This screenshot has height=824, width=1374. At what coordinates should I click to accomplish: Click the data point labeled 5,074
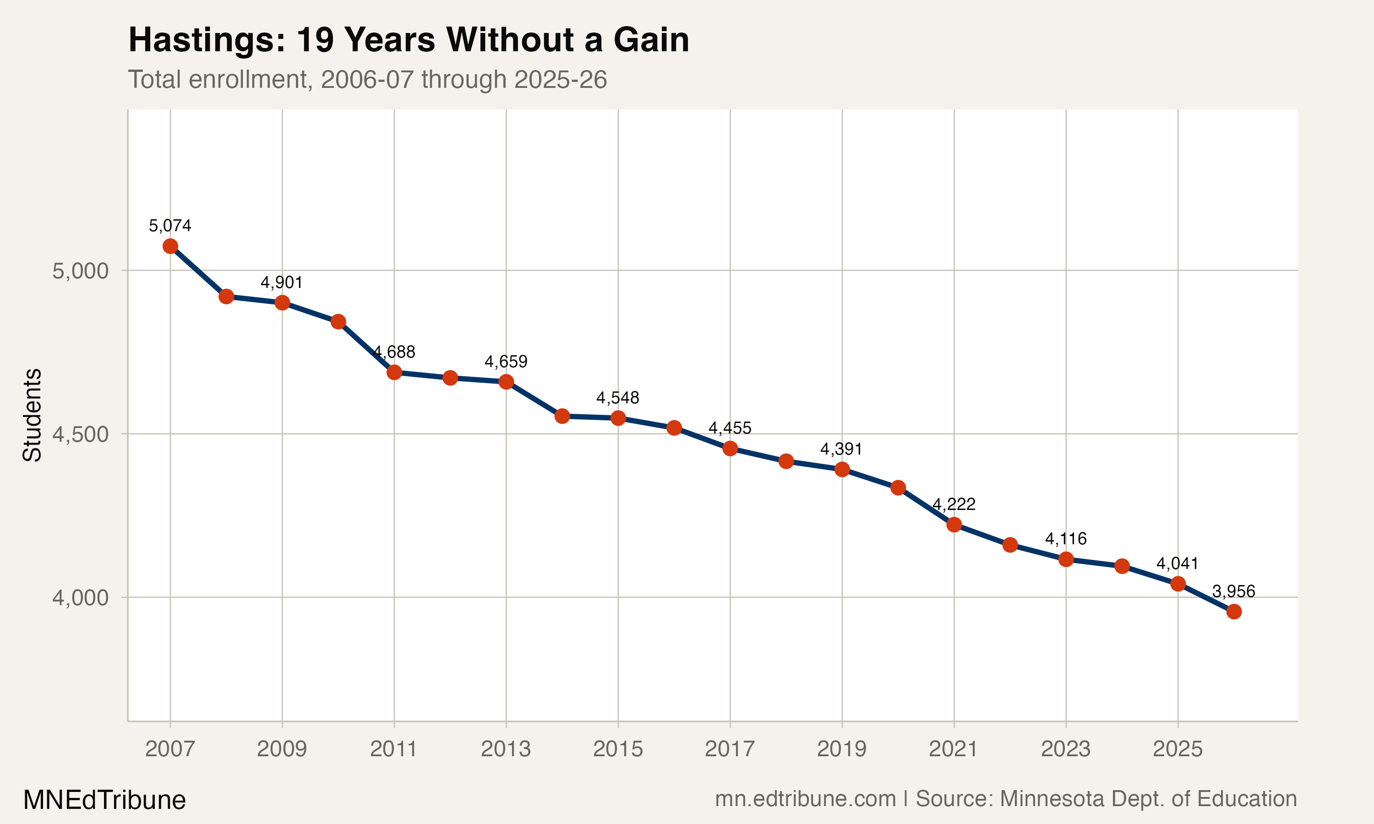click(x=170, y=246)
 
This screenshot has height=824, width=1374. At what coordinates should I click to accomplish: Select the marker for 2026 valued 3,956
click(x=1233, y=611)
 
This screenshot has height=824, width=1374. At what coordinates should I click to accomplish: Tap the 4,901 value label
click(x=282, y=282)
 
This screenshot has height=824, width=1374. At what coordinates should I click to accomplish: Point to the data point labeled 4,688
click(x=394, y=372)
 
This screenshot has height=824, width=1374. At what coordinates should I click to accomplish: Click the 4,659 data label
click(x=506, y=362)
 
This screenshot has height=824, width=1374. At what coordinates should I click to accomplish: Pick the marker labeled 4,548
click(x=618, y=418)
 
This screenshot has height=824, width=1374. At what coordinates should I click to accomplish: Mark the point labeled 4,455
click(x=730, y=448)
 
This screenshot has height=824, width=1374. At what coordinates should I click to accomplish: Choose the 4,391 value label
click(x=841, y=449)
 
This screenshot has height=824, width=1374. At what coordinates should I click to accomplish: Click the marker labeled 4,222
click(x=954, y=525)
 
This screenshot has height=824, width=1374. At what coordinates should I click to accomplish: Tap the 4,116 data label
click(x=1066, y=539)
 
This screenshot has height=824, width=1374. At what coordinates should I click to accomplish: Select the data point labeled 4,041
click(x=1178, y=584)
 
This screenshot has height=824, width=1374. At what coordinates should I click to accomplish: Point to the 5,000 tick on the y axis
click(x=81, y=271)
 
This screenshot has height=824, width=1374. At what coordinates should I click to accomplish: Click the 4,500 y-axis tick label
click(x=81, y=434)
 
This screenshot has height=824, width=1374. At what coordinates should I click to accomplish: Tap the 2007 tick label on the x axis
click(x=170, y=749)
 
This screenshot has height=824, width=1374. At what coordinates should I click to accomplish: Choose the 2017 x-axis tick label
click(x=730, y=749)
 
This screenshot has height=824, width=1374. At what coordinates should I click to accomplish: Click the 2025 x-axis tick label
click(x=1178, y=749)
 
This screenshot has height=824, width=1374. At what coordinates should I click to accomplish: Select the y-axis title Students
click(x=32, y=415)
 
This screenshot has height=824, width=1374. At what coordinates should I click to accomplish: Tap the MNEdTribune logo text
click(x=104, y=800)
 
